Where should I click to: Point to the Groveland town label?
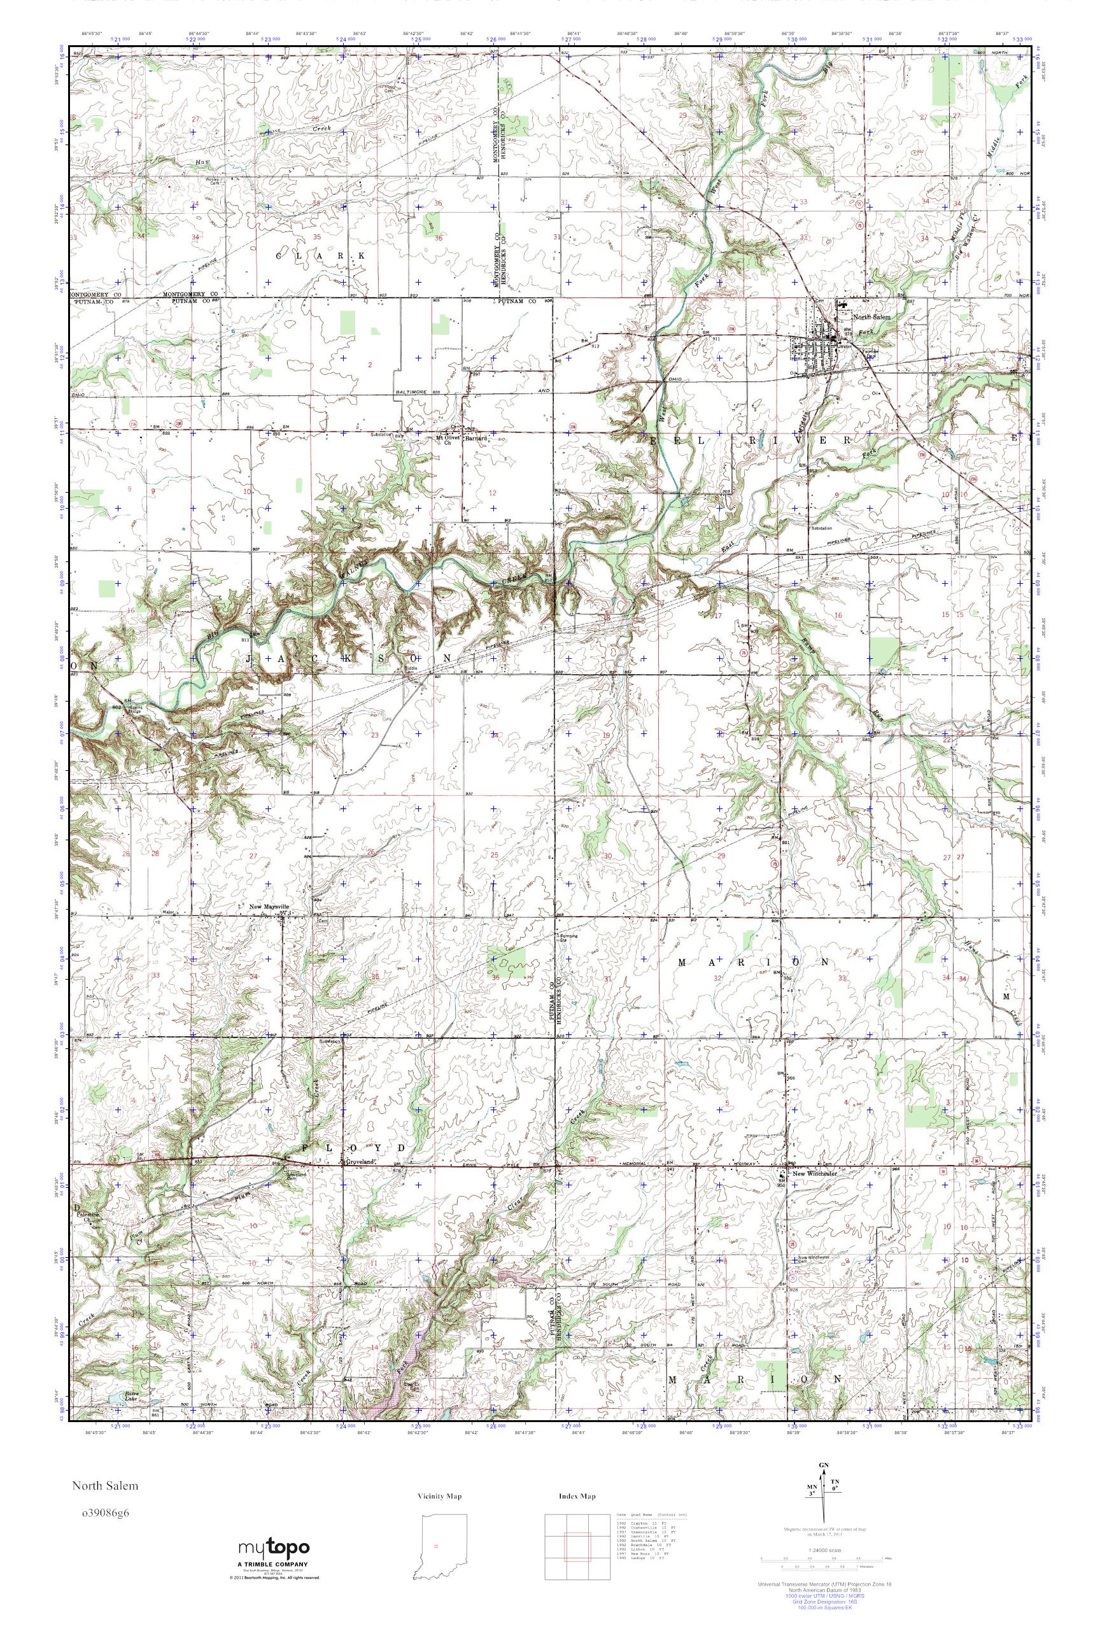[x=358, y=1162]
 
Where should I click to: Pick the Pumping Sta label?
[x=566, y=937]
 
